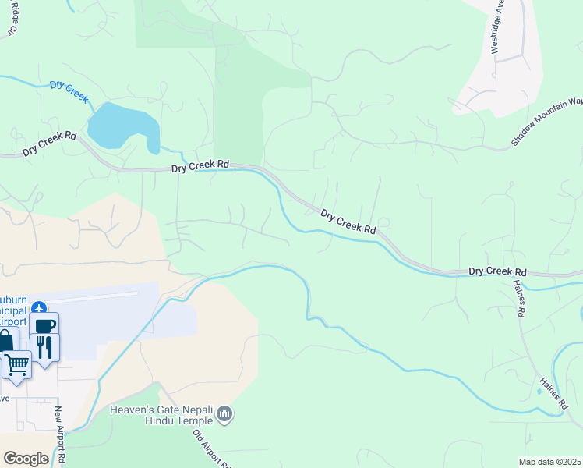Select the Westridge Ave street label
coord(497,28)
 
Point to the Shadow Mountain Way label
coord(547,122)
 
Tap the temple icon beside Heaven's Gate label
coord(224,413)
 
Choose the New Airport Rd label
coord(58,435)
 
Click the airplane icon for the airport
coord(40,308)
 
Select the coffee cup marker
coord(44,324)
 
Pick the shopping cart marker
coord(16,363)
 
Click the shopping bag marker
coord(5,342)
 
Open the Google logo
coord(26,459)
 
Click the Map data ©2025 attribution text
coord(549,462)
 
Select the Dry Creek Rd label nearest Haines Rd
coord(497,272)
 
